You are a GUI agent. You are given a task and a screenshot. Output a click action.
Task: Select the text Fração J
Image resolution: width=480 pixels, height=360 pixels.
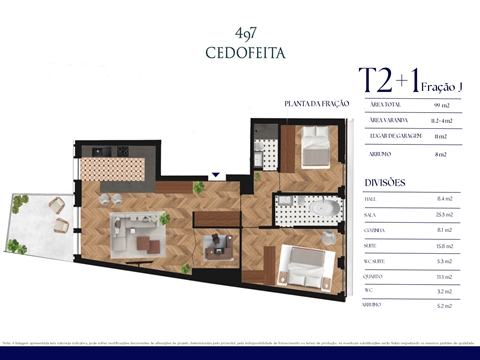pos(443,88)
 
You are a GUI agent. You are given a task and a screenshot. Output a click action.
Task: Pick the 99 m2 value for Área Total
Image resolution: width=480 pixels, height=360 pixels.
pos(442,104)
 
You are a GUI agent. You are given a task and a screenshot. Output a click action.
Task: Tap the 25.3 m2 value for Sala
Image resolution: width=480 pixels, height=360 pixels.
pos(442,215)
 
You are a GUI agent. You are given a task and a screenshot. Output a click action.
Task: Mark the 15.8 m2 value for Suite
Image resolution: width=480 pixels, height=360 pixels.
pos(442,246)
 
